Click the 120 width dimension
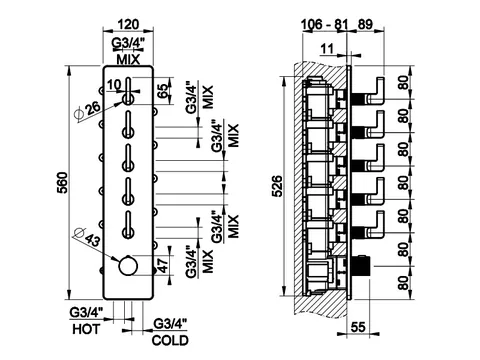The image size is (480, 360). point(128,24)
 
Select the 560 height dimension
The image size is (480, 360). point(63,183)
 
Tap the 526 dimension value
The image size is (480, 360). point(278,186)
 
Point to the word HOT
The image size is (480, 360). point(86,329)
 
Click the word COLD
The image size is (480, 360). point(170,340)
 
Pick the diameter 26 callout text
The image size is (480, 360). point(87,110)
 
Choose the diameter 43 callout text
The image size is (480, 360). point(86,236)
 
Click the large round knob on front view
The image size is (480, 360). point(128,266)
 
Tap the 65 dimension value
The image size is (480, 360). point(162,90)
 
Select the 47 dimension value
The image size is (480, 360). point(163,265)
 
